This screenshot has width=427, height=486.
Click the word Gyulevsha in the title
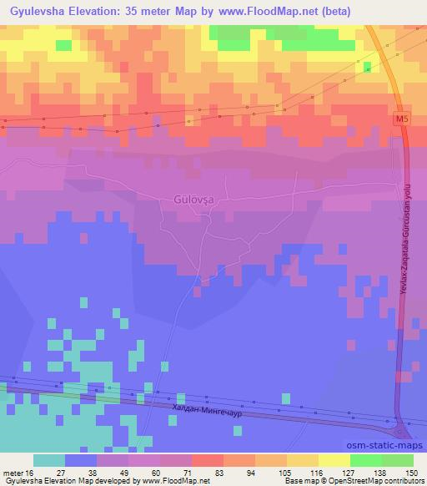(42, 12)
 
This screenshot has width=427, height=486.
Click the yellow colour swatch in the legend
(334, 460)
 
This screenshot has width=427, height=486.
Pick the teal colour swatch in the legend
(48, 460)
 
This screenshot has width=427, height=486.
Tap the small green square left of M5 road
(367, 65)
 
